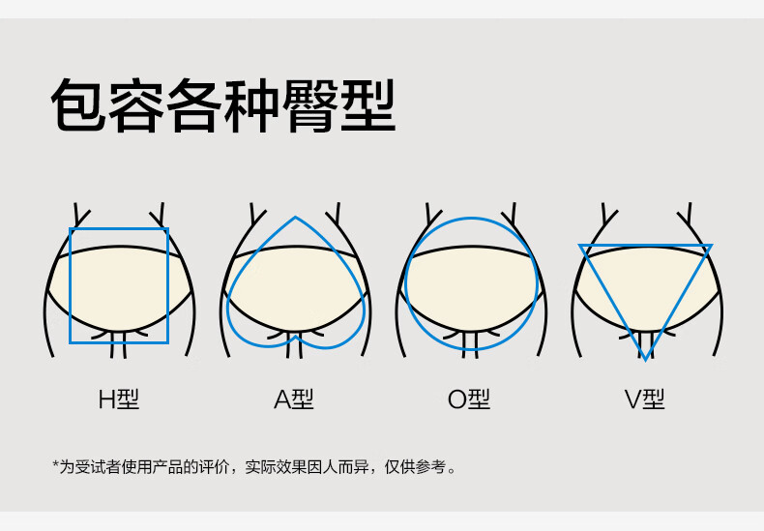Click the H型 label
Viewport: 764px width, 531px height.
coord(119,398)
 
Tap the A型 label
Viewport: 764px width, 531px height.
coord(294,398)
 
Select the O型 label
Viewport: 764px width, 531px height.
coord(469,398)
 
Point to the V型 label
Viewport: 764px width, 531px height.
coord(644,398)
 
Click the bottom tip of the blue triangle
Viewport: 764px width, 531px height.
coord(645,359)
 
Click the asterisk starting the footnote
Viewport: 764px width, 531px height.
coord(55,466)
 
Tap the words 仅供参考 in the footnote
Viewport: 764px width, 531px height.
coord(418,467)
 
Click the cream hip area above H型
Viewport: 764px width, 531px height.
coord(119,285)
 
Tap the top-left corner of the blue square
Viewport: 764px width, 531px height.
coord(71,229)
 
